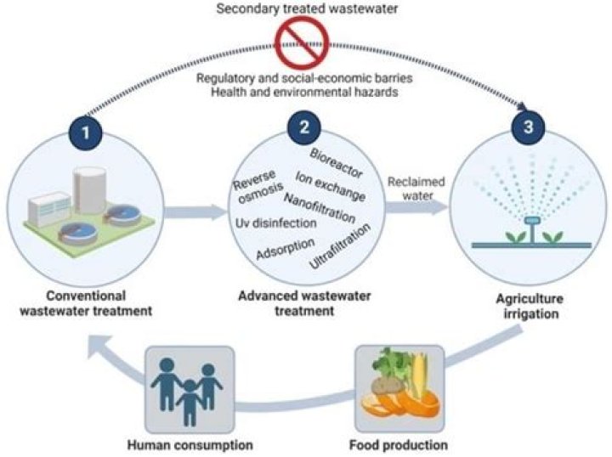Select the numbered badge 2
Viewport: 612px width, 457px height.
coord(303,129)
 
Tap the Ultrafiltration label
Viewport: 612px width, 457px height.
coord(341,247)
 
